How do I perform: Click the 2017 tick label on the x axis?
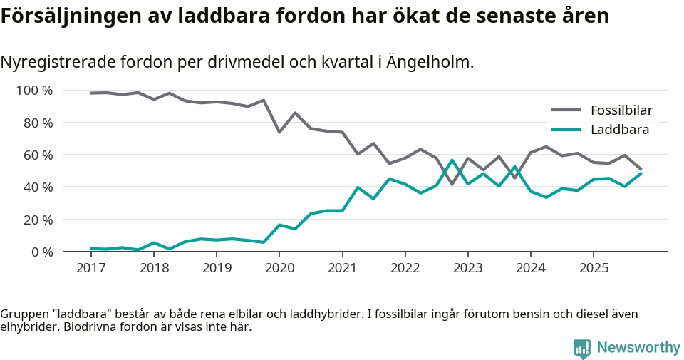click(90, 269)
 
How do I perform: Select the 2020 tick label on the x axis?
click(279, 269)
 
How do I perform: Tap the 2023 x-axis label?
click(467, 269)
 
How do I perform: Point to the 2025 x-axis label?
click(594, 269)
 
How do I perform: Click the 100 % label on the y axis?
click(34, 91)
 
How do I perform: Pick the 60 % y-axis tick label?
click(38, 155)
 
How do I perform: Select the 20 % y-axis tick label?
click(38, 220)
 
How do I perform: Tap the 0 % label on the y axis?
click(41, 252)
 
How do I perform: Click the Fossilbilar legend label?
click(621, 110)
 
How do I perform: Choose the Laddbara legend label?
click(619, 130)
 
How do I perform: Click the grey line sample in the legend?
click(567, 110)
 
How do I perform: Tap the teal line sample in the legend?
click(567, 130)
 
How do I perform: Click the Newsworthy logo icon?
click(582, 349)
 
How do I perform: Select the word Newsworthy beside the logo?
click(638, 348)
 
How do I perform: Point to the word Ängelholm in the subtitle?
click(430, 63)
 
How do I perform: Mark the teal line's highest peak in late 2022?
click(452, 160)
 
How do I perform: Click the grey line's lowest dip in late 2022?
click(452, 184)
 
